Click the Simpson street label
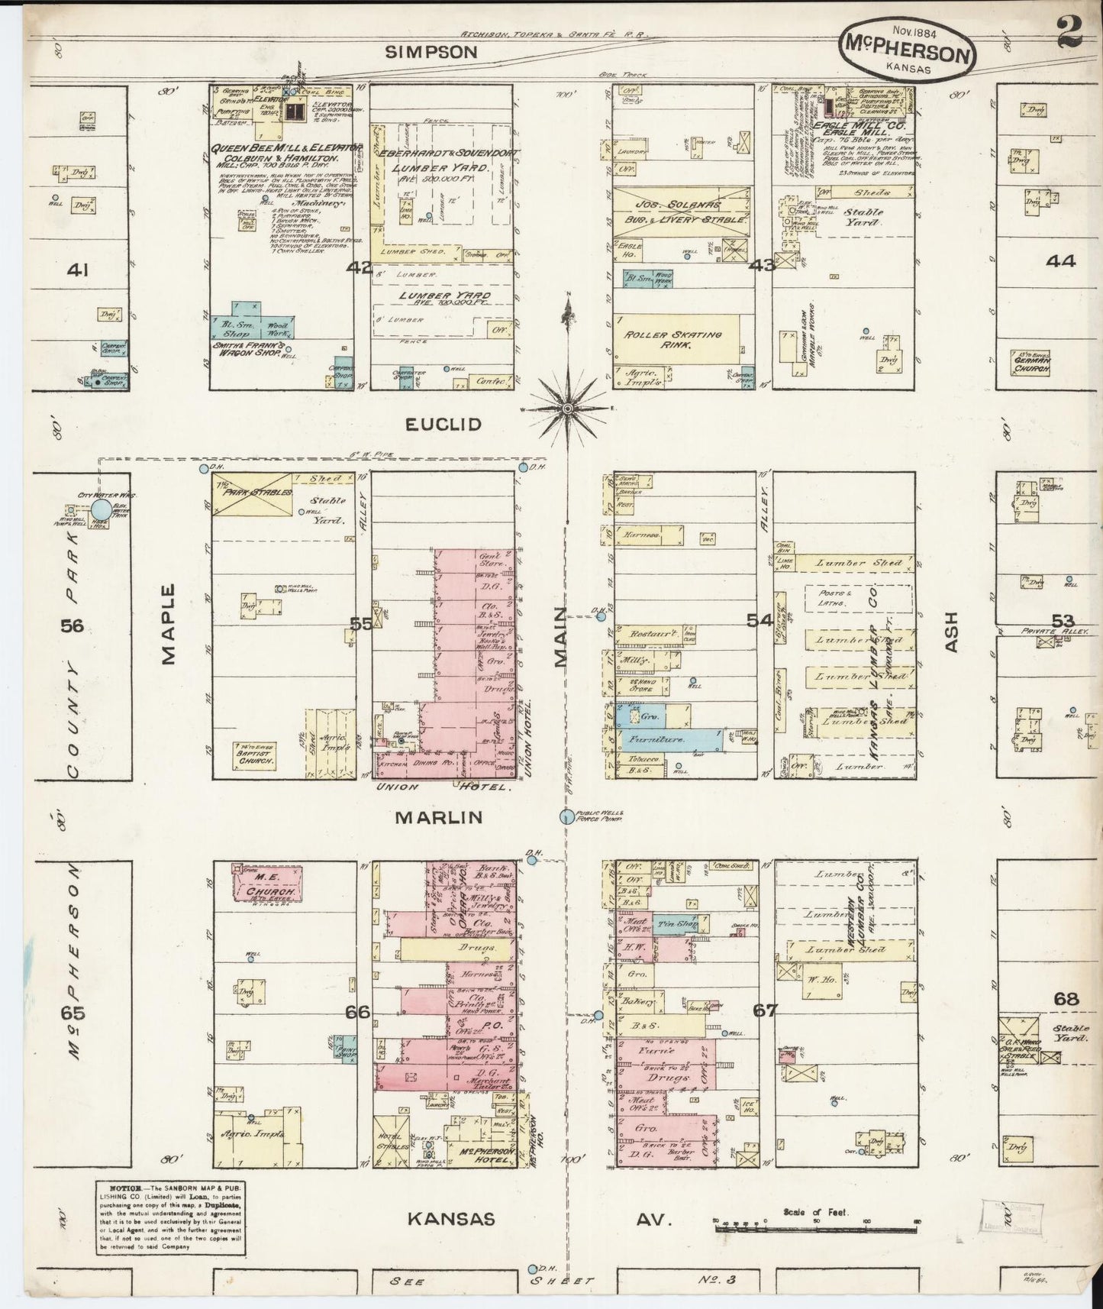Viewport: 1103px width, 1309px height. (431, 52)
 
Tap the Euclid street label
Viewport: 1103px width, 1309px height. (444, 425)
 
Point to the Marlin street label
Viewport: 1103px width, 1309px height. (438, 817)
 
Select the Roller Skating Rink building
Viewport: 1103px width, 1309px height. (676, 339)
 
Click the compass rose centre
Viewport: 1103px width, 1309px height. (567, 410)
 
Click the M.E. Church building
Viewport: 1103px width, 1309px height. (267, 884)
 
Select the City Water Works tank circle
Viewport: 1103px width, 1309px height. (100, 509)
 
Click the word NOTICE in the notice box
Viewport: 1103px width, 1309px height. (125, 1210)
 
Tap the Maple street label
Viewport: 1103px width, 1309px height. (169, 624)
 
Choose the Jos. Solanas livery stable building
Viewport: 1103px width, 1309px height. (681, 213)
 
